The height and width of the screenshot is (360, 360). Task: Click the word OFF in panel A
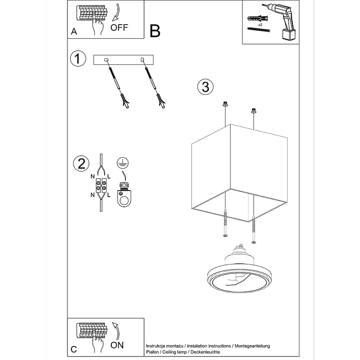[x=119, y=27]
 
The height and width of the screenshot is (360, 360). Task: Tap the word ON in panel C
[x=117, y=345]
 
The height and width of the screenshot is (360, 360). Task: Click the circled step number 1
[x=78, y=59]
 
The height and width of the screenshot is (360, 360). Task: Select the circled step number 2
[x=81, y=164]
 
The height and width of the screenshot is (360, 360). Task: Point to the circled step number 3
[x=206, y=87]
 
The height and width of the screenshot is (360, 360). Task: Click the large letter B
[x=155, y=31]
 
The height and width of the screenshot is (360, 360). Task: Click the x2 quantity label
[x=260, y=25]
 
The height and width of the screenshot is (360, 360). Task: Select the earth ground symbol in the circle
[x=122, y=163]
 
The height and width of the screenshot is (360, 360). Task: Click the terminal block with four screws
[x=101, y=185]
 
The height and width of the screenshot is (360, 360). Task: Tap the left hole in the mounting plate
[x=106, y=60]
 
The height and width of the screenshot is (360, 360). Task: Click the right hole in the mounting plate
[x=143, y=60]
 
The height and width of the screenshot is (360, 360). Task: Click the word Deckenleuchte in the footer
[x=205, y=352]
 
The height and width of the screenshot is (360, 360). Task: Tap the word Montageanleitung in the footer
[x=252, y=346]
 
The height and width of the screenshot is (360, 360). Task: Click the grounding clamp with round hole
[x=124, y=194]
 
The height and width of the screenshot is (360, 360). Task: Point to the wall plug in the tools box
[x=258, y=18]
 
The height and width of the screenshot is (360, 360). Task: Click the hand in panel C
[x=98, y=343]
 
